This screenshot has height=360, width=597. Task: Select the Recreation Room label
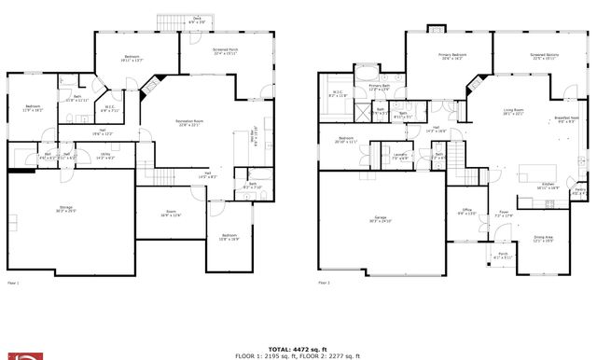pos(190,121)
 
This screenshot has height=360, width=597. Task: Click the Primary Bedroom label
pos(452,56)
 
